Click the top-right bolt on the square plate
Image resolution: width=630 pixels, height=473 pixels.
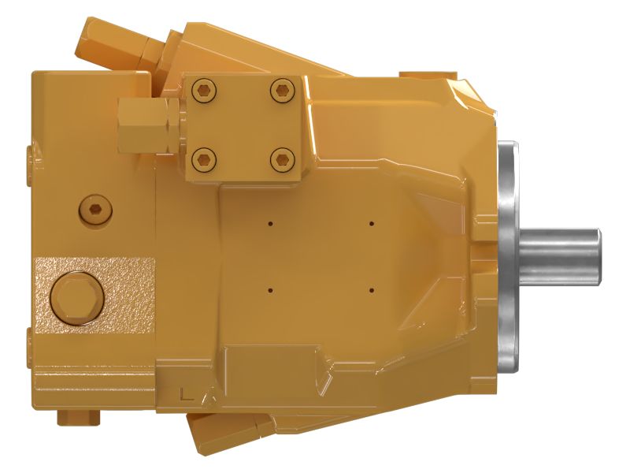tap(280, 91)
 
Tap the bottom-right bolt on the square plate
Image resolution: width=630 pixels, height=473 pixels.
tap(280, 161)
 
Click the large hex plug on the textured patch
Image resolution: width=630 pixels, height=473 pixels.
tap(76, 296)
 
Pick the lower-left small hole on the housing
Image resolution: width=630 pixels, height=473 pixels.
tap(270, 289)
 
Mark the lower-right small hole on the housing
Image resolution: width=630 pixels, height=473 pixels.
tap(371, 289)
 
